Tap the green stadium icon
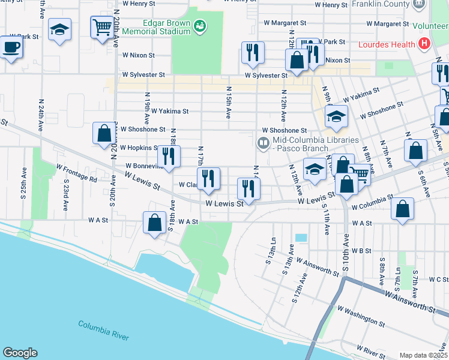click(x=200, y=25)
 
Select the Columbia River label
click(x=103, y=330)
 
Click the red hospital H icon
click(x=425, y=44)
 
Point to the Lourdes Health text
click(x=387, y=44)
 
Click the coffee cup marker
click(x=10, y=47)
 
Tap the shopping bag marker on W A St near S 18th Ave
click(x=155, y=223)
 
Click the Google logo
click(x=20, y=353)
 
